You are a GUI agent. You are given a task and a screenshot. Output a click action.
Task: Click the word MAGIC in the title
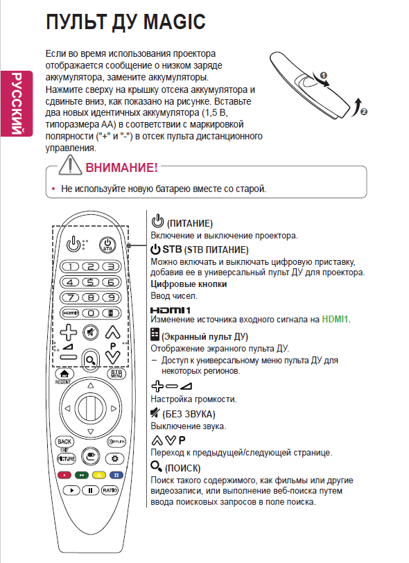click(174, 21)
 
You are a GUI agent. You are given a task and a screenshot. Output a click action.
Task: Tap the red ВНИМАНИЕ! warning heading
click(121, 167)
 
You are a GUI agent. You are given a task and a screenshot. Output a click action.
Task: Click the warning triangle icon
click(71, 165)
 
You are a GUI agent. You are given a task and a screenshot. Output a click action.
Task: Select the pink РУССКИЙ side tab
click(17, 103)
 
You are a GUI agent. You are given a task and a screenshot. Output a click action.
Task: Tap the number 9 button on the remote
click(112, 297)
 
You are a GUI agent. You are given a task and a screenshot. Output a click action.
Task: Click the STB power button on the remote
click(107, 245)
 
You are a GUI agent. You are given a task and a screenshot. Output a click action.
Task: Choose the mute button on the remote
click(91, 333)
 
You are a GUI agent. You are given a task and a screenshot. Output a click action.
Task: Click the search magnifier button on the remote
click(91, 360)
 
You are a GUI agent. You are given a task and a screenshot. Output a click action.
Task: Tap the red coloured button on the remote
click(64, 475)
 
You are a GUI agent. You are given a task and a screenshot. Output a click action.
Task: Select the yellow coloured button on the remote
click(99, 475)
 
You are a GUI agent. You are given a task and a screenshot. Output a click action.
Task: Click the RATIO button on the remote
click(110, 490)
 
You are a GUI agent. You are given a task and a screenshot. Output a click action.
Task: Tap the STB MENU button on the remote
click(116, 374)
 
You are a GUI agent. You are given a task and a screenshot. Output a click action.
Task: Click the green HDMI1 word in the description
click(335, 319)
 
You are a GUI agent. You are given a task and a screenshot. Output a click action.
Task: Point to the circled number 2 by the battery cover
click(364, 112)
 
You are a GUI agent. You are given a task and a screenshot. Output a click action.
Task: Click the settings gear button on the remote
click(115, 458)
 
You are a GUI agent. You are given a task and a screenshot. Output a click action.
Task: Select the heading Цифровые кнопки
click(189, 284)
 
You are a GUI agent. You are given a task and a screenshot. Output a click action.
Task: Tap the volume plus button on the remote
click(68, 332)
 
